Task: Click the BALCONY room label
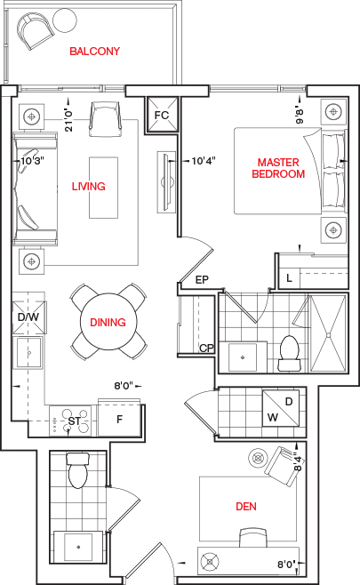(x=95, y=51)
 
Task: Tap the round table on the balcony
(x=65, y=20)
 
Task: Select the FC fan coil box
(x=162, y=115)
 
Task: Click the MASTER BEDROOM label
(x=278, y=168)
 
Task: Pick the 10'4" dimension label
(x=204, y=161)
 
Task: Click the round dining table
(x=108, y=322)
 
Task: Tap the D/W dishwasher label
(x=28, y=317)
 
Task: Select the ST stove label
(x=74, y=421)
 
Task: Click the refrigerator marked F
(x=119, y=420)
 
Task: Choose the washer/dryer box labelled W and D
(x=281, y=408)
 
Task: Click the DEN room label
(x=246, y=506)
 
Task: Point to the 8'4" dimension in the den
(x=298, y=461)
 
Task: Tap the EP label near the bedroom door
(x=202, y=280)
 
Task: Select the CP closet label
(x=206, y=349)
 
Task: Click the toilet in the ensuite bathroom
(x=289, y=353)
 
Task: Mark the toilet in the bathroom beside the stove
(x=78, y=470)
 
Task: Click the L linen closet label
(x=290, y=278)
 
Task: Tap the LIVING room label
(x=88, y=186)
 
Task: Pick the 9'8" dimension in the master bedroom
(x=300, y=116)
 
